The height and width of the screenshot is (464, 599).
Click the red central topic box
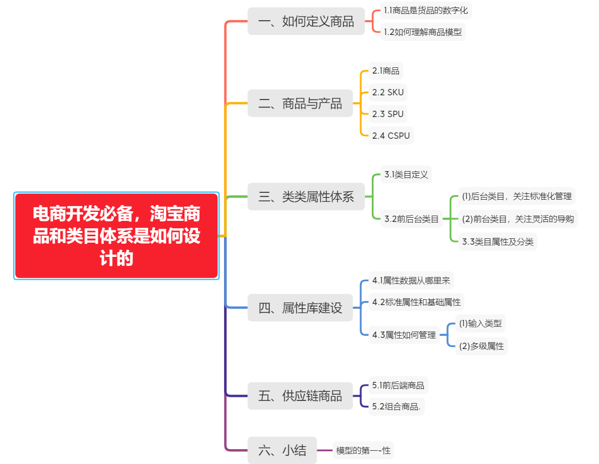coord(117,236)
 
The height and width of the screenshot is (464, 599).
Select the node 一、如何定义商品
coord(306,22)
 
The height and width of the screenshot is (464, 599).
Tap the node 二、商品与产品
coord(300,103)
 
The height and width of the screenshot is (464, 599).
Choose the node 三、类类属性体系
coord(306,197)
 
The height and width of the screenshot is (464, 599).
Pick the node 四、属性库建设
coord(300,308)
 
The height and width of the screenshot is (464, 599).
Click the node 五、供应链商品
coord(300,396)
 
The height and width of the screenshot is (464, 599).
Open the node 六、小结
coord(282,451)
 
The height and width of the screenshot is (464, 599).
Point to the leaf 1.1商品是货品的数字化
coord(426,10)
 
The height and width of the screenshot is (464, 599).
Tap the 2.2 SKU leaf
coord(388,92)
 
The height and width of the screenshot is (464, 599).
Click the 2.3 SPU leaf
coord(388,114)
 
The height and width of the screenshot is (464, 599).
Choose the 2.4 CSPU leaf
coord(391,136)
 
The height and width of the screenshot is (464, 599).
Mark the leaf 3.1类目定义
coord(406,174)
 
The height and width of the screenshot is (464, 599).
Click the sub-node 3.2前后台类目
coord(412,218)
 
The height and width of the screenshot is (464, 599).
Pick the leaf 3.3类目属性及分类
coord(497,242)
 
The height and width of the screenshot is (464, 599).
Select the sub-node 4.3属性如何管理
coord(404,335)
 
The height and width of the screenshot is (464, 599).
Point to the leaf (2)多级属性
coord(481,346)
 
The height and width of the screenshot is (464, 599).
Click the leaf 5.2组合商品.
coord(396,407)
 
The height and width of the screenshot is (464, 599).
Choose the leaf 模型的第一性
coord(363,451)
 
